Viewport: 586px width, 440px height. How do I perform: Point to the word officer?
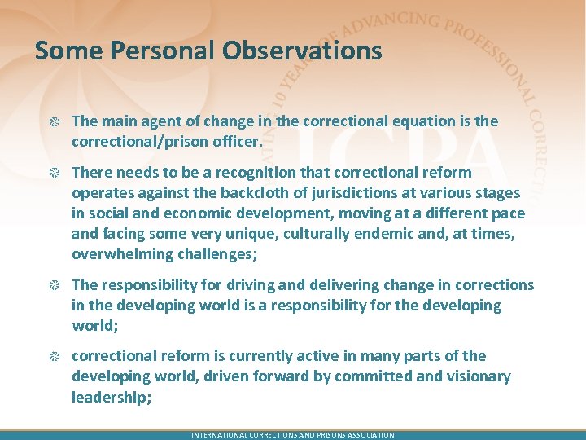[x=236, y=142]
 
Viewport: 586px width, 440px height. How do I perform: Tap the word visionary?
[x=478, y=376]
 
